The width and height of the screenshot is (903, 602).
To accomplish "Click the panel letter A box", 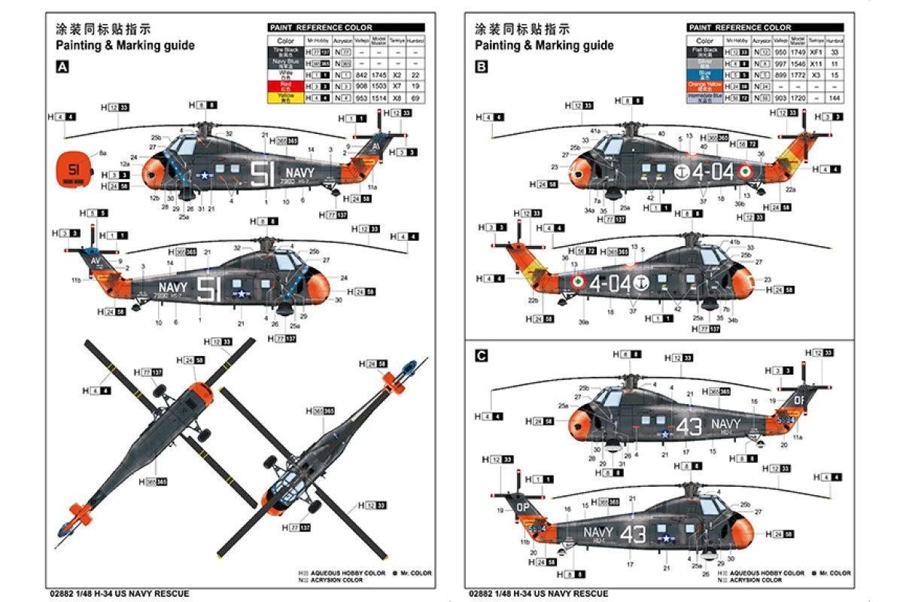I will (x=62, y=67).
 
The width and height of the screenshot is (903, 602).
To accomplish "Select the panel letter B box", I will (x=482, y=67).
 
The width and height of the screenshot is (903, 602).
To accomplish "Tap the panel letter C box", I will (x=482, y=355).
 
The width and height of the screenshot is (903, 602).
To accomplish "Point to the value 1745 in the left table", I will (x=379, y=75).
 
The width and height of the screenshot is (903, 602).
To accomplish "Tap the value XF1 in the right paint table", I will (x=814, y=52).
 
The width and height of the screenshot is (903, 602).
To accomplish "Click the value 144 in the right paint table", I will (x=834, y=98).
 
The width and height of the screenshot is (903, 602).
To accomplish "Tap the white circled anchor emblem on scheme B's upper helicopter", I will (x=682, y=172).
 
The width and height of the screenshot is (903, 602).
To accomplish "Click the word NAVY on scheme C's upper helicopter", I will (x=725, y=424).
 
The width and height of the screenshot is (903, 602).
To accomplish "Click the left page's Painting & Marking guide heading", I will (x=125, y=45).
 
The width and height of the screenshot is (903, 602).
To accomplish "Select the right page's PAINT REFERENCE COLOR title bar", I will (x=765, y=28).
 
